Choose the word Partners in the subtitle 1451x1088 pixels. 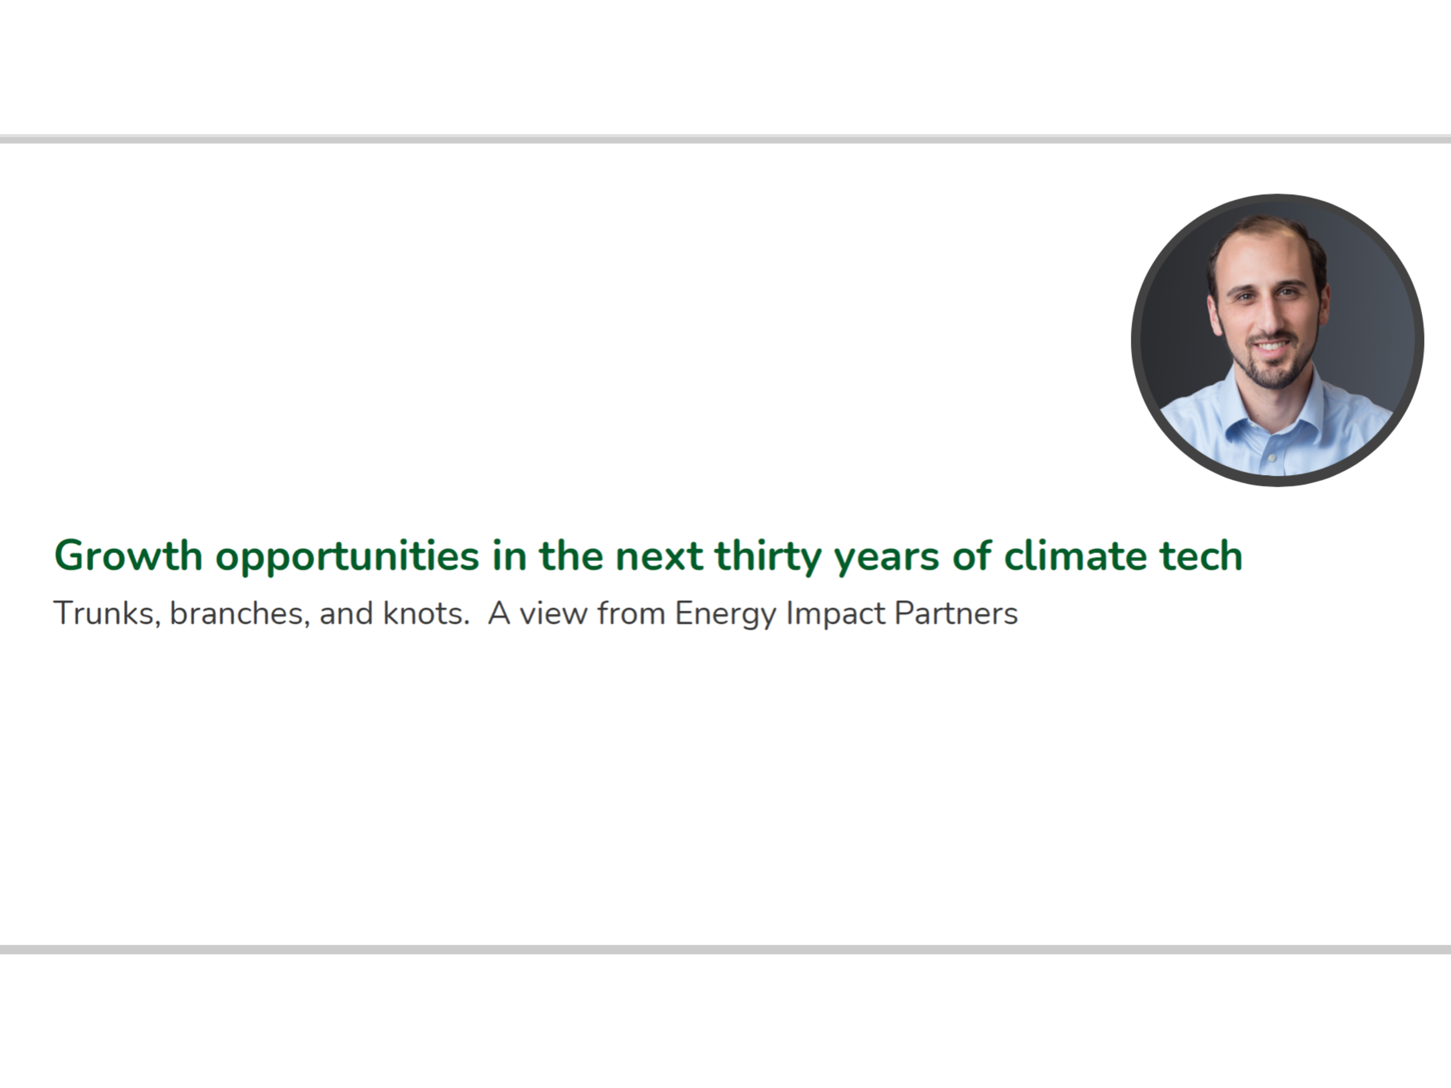point(956,614)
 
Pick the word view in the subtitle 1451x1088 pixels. point(554,614)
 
